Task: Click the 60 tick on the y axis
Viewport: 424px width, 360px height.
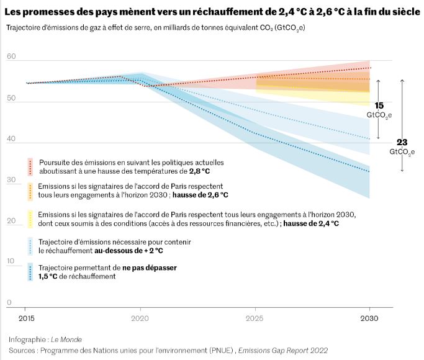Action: [11, 57]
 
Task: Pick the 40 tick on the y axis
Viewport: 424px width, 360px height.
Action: [11, 139]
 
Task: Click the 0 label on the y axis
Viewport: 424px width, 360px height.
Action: [9, 303]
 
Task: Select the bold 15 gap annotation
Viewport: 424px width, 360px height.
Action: [379, 106]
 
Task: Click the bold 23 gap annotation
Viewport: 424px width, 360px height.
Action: [402, 142]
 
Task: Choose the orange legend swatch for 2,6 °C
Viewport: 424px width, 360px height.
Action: [30, 191]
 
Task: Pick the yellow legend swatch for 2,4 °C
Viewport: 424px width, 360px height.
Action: [30, 218]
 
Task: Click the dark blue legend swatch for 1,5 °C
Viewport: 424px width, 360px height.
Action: [30, 272]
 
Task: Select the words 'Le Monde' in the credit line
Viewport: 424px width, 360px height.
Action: [65, 340]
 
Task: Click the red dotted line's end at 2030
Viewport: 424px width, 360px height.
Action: [370, 68]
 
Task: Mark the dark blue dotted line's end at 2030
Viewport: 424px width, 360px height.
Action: [370, 171]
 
